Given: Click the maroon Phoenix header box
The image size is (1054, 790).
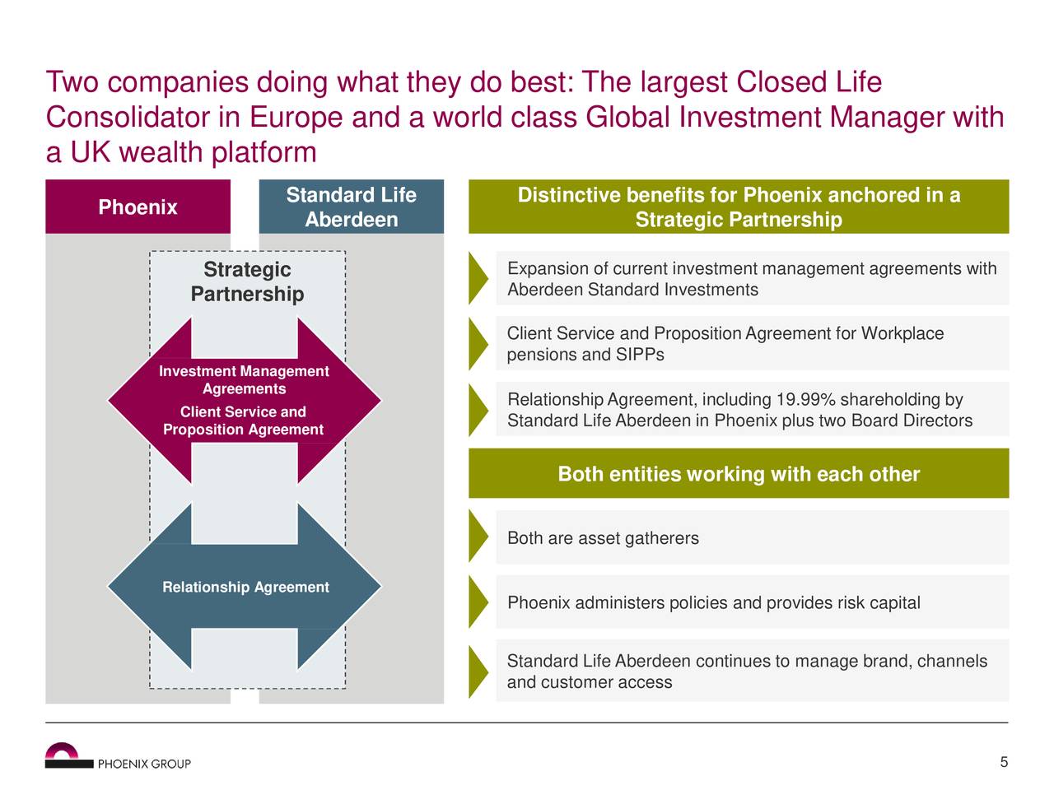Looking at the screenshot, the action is point(138,207).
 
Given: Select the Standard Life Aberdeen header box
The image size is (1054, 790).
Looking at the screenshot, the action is point(351,207).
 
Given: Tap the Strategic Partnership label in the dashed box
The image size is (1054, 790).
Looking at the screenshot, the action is point(247,281).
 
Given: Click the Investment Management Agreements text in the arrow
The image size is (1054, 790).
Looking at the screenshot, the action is point(244,379).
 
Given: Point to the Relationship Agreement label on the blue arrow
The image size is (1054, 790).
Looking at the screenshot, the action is point(246,587).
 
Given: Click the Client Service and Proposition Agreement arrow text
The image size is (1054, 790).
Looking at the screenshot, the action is point(244,421).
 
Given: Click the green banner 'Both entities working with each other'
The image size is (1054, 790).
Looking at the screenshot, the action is point(739,473).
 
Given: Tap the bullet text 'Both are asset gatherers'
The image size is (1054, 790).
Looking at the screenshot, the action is point(603,537).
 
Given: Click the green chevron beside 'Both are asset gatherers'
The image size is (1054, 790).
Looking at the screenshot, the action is point(478,536).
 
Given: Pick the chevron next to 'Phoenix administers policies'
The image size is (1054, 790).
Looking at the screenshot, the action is point(478,602).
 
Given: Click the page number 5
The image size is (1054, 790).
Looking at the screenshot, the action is point(1004,762).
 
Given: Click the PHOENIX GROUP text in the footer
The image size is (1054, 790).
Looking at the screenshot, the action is point(144,764).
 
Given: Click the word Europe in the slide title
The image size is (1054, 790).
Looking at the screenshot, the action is point(296,118).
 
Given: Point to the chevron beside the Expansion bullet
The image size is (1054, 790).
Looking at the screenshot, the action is point(478,277).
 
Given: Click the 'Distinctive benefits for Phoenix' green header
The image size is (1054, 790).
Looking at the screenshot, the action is point(739,207).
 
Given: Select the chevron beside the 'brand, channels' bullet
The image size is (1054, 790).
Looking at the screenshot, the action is point(478,671).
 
